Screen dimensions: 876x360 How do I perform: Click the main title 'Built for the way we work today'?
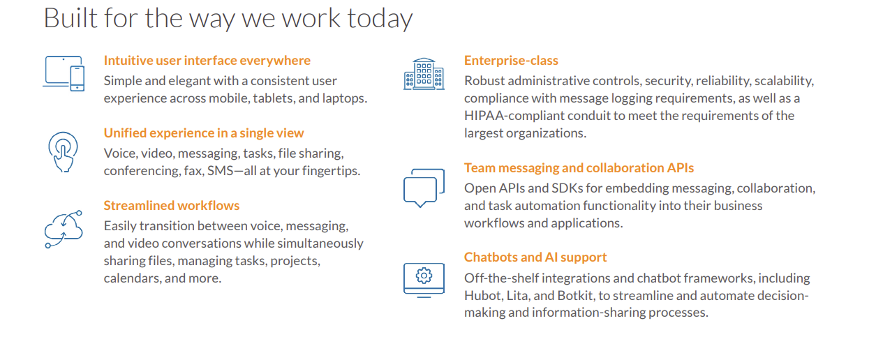tap(228, 18)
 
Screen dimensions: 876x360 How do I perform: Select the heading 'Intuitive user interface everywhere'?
tap(207, 61)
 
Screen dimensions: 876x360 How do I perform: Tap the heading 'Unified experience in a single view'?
tap(204, 133)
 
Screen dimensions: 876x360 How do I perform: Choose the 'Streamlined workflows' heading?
tap(171, 206)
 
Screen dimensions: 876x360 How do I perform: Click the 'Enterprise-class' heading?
tap(511, 61)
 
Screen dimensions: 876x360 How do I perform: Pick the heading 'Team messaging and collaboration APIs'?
tap(579, 168)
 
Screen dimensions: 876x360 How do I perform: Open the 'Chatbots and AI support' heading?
tap(535, 257)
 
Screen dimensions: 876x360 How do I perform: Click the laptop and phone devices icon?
tap(64, 73)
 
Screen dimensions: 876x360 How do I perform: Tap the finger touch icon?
tap(63, 152)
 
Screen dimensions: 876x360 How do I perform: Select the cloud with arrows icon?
tap(64, 230)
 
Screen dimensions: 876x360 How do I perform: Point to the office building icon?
tap(424, 74)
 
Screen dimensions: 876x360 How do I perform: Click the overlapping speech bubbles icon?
tap(424, 188)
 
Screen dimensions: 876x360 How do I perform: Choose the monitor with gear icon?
tap(424, 280)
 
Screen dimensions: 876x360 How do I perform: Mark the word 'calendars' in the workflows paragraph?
tap(131, 278)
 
